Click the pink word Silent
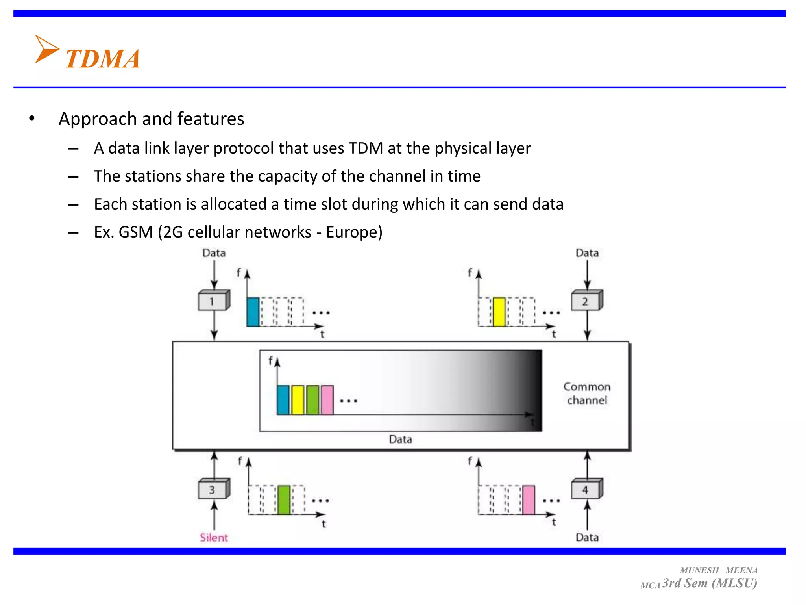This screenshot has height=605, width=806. tap(214, 538)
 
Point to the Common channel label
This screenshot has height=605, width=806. tap(587, 393)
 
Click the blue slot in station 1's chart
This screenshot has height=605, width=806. tap(253, 312)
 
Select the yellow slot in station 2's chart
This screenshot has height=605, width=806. tap(499, 312)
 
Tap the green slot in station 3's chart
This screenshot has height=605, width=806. tap(284, 500)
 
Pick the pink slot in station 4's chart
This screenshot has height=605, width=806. tap(529, 500)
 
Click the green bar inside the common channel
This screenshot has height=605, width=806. tap(312, 400)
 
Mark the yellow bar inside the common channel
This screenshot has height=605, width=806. tap(298, 400)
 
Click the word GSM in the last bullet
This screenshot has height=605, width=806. tap(136, 232)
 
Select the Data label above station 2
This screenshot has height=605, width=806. tap(587, 253)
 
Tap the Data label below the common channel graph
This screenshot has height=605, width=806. tap(400, 439)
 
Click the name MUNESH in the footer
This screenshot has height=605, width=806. tap(699, 570)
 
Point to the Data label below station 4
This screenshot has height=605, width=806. tap(587, 538)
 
